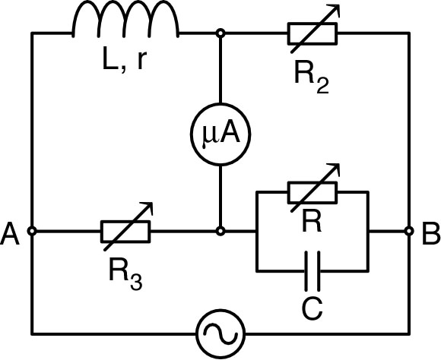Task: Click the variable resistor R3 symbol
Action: click(125, 231)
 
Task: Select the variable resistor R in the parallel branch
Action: click(313, 192)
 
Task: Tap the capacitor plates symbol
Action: click(313, 270)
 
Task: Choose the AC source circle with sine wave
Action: click(220, 333)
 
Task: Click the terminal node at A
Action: click(32, 231)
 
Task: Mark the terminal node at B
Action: click(409, 231)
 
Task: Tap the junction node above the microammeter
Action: click(220, 33)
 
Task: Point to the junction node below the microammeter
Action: click(220, 231)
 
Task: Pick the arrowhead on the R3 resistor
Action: click(149, 207)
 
